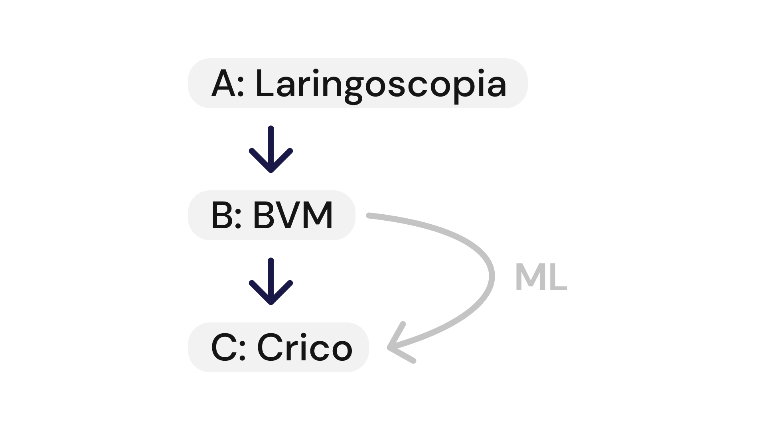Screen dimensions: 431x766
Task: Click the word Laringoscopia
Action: point(381,84)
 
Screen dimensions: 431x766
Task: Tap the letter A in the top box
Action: point(223,84)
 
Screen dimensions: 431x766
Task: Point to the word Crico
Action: point(305,348)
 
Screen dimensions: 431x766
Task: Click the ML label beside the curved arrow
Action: point(541,277)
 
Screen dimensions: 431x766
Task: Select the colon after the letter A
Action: point(240,86)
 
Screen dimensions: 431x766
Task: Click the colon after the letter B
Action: point(238,218)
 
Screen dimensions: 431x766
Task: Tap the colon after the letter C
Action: point(242,350)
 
